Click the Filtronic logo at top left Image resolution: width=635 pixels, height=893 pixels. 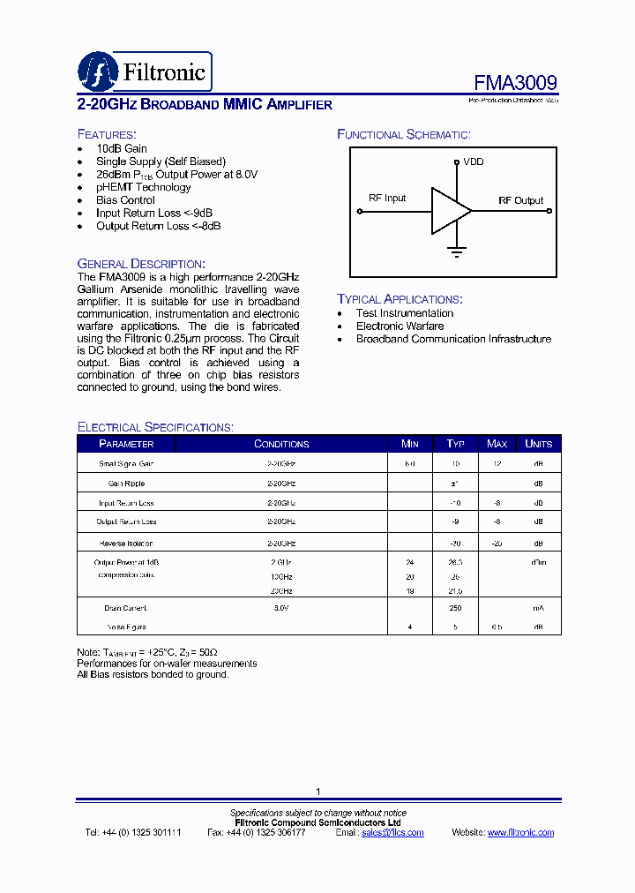point(145,71)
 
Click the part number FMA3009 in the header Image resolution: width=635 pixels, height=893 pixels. point(515,83)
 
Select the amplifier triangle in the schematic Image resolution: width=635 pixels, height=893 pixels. point(449,211)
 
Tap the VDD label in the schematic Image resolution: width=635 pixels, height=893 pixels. point(473,161)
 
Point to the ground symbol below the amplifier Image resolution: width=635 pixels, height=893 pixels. point(457,251)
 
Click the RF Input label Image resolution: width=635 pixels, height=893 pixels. point(387,198)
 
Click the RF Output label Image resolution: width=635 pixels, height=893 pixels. point(520,200)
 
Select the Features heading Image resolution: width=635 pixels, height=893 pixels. point(107,134)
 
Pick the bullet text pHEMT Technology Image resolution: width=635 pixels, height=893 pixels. point(143,187)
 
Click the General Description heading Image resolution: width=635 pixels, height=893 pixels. point(141,264)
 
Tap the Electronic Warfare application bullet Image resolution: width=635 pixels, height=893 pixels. point(400,326)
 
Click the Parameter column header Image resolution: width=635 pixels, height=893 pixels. point(126,444)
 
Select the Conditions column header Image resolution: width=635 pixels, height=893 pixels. point(281,444)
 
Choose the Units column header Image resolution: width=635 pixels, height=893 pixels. point(538,444)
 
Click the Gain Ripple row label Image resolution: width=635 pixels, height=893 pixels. point(126,484)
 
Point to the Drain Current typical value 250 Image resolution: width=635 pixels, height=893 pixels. point(455,608)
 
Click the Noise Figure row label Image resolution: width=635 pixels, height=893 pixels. point(126,627)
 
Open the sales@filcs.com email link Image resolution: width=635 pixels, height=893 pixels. point(392,832)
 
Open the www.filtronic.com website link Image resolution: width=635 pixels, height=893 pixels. point(520,832)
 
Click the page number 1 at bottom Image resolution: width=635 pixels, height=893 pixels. point(318,792)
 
